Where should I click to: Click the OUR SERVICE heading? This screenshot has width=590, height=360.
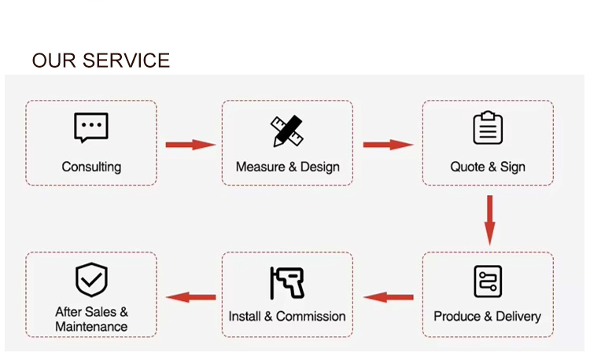(101, 61)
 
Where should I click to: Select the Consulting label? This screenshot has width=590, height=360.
(91, 167)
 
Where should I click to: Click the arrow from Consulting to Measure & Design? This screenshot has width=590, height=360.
(190, 145)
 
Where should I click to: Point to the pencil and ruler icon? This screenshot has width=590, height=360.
(287, 130)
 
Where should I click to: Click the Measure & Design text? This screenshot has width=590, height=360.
(287, 167)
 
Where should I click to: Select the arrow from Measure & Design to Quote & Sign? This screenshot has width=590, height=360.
(388, 145)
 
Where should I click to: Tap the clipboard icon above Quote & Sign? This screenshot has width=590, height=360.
(488, 128)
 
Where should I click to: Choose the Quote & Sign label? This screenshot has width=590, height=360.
(488, 167)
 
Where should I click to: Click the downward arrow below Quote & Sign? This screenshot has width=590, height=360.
(489, 219)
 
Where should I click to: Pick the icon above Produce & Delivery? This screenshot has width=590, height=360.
(488, 281)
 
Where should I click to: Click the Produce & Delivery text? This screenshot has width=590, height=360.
(488, 317)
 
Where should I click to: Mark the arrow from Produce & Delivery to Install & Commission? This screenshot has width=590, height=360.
(389, 297)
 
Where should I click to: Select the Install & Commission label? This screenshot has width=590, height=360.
(287, 317)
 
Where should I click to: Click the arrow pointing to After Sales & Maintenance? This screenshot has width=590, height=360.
(191, 297)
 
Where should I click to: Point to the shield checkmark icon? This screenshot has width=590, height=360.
(91, 279)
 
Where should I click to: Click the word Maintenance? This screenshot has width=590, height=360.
(91, 327)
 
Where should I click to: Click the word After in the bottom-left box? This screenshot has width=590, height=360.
(68, 312)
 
